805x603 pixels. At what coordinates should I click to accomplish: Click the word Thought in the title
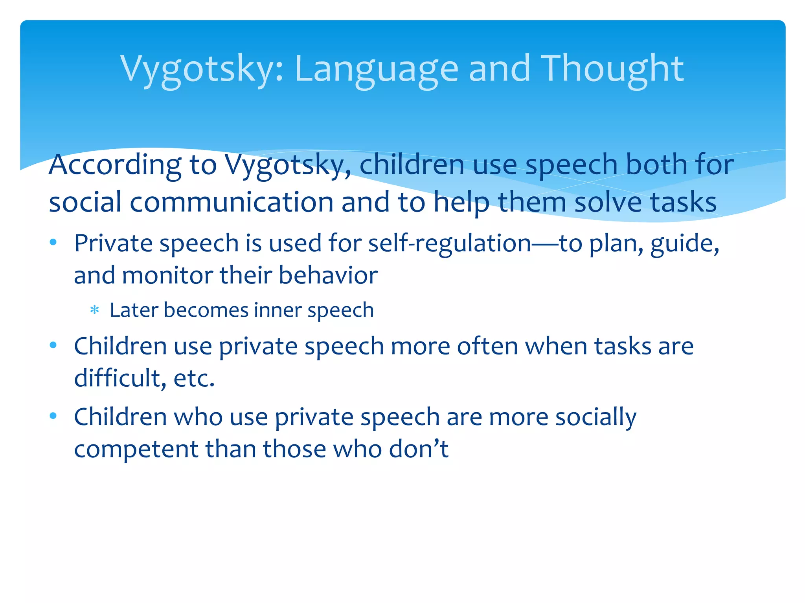[x=612, y=69]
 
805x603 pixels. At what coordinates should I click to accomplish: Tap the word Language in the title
[x=376, y=69]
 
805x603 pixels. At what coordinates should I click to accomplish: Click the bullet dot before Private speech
[x=53, y=242]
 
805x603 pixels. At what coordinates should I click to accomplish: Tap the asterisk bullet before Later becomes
[x=94, y=311]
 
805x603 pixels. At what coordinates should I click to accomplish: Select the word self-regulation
[x=450, y=243]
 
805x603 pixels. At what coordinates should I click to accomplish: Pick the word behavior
[x=328, y=275]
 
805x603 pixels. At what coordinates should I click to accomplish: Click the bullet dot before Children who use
[x=53, y=416]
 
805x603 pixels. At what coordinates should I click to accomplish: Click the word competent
[x=136, y=449]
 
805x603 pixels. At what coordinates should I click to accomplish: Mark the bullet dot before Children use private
[x=53, y=345]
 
